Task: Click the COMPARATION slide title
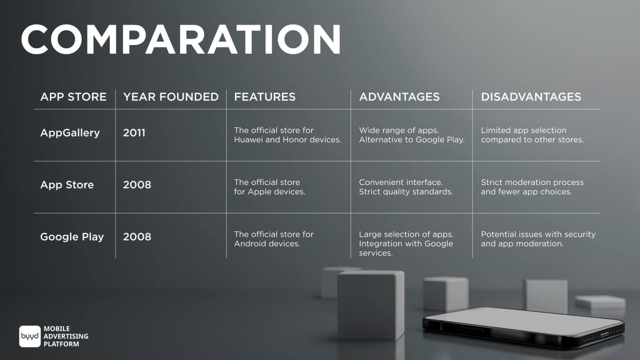(181, 40)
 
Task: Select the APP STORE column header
(73, 97)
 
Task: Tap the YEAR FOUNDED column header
(171, 97)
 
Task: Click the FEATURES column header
(265, 97)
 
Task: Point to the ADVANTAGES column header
(400, 97)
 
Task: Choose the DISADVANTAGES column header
(531, 97)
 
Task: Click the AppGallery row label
(70, 133)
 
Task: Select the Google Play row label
(72, 237)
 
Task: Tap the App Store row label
(67, 185)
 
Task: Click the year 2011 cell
(134, 133)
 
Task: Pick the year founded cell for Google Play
(137, 237)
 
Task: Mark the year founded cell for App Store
(137, 185)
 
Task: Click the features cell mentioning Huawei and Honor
(288, 135)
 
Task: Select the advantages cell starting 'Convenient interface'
(406, 187)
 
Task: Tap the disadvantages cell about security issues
(538, 239)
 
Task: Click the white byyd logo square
(30, 336)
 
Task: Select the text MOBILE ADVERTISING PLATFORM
(66, 336)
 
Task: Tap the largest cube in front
(371, 305)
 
